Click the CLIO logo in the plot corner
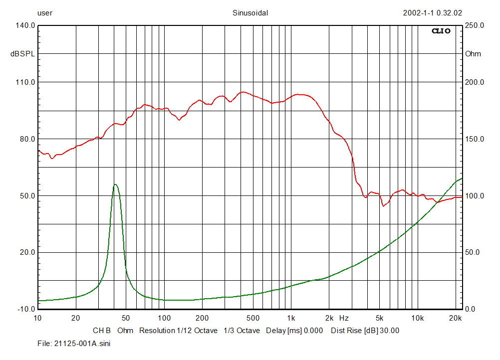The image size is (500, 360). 441,31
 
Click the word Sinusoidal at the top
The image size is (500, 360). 250,13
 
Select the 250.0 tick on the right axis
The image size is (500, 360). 474,25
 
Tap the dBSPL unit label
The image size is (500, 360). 23,54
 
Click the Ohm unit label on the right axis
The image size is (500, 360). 473,54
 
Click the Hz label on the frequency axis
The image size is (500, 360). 344,318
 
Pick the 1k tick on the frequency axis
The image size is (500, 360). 291,318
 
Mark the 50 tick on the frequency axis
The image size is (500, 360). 126,318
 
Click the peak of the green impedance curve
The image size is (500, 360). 115,184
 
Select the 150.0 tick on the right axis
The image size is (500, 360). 474,139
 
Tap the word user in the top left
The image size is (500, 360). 45,13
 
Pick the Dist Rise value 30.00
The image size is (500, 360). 389,331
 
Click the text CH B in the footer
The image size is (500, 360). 102,331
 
